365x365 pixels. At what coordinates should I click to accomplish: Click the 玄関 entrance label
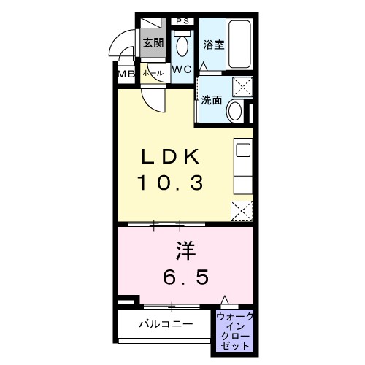click(x=153, y=42)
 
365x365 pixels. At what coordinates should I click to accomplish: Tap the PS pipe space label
click(x=182, y=20)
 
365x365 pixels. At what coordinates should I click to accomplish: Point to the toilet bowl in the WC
click(x=182, y=46)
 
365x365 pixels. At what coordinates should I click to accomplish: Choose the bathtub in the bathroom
click(x=240, y=43)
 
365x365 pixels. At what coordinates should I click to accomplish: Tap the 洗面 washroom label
click(x=212, y=101)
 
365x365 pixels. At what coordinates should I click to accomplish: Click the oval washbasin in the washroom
click(x=235, y=111)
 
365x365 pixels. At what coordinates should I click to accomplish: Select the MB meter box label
click(x=126, y=74)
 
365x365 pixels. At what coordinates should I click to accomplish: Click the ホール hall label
click(x=153, y=74)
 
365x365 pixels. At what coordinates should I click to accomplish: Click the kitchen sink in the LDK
click(x=242, y=151)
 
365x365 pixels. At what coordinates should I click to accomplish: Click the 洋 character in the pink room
click(x=184, y=250)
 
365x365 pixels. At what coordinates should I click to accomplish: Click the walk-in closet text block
click(x=234, y=329)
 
